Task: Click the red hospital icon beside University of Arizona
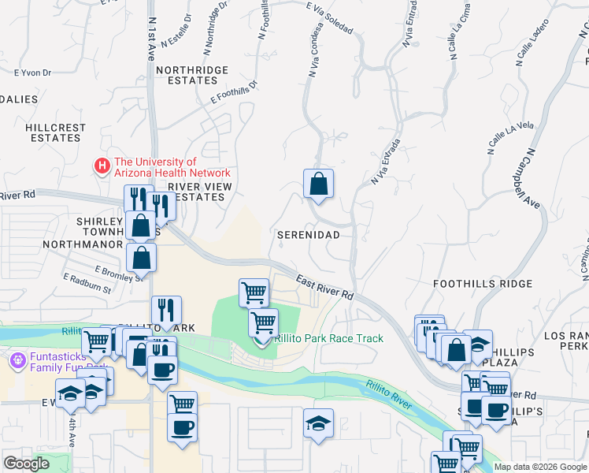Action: pos(102,166)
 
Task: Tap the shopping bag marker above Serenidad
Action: pos(318,184)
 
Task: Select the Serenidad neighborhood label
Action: pos(308,235)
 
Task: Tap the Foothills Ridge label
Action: pos(472,283)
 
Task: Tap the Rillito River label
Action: pos(388,393)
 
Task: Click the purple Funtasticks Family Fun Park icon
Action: pos(17,361)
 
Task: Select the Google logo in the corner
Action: pos(26,464)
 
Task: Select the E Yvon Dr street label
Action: pos(33,73)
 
